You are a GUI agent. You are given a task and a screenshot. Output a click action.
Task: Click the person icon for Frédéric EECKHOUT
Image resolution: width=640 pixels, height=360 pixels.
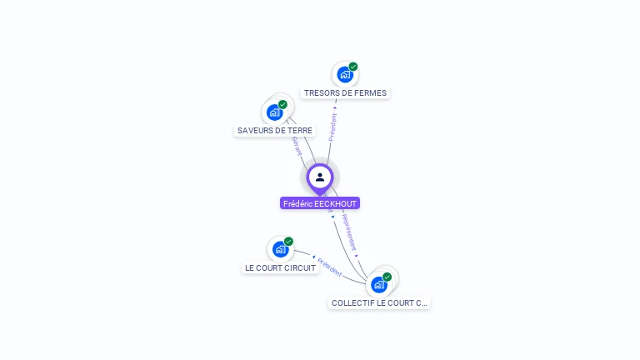click(x=320, y=177)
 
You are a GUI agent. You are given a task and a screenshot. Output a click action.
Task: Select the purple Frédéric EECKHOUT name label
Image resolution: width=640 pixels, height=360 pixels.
click(x=320, y=203)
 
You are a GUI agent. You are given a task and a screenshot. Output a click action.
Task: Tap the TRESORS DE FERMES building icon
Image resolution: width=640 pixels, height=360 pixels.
click(x=345, y=74)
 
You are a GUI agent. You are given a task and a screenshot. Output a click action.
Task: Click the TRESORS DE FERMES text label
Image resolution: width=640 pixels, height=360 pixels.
click(x=345, y=93)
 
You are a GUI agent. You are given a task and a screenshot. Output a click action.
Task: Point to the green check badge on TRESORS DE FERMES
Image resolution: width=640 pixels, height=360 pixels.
click(x=353, y=67)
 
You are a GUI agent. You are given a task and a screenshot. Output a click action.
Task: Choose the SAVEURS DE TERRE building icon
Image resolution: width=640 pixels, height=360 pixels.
click(x=274, y=112)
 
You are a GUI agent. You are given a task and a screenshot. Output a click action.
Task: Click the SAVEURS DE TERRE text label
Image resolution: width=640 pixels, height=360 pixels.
click(x=275, y=131)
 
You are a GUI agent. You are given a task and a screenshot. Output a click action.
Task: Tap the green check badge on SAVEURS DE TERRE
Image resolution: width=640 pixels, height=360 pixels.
click(x=282, y=105)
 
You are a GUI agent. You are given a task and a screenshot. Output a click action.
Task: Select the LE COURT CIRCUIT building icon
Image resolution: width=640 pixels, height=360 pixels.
click(x=280, y=248)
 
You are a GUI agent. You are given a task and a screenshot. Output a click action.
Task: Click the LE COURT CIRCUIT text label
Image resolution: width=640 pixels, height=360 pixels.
click(x=281, y=268)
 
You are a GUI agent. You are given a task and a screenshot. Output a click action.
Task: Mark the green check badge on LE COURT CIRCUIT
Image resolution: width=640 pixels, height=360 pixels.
click(x=288, y=242)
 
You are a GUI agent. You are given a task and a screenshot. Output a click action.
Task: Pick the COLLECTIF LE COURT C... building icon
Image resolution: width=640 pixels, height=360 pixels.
click(x=379, y=284)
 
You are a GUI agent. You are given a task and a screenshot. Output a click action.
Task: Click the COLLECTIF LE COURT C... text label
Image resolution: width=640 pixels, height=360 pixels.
click(x=379, y=303)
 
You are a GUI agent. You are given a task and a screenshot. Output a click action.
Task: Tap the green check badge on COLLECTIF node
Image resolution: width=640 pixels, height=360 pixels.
click(x=387, y=277)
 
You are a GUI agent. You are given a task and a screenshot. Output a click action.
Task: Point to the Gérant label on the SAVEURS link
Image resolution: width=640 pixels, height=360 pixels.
click(x=296, y=146)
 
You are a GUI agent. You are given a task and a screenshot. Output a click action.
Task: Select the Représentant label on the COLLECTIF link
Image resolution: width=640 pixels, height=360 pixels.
click(x=349, y=232)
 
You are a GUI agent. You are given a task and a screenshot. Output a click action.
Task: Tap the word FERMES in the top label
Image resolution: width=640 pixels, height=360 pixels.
click(x=368, y=93)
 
